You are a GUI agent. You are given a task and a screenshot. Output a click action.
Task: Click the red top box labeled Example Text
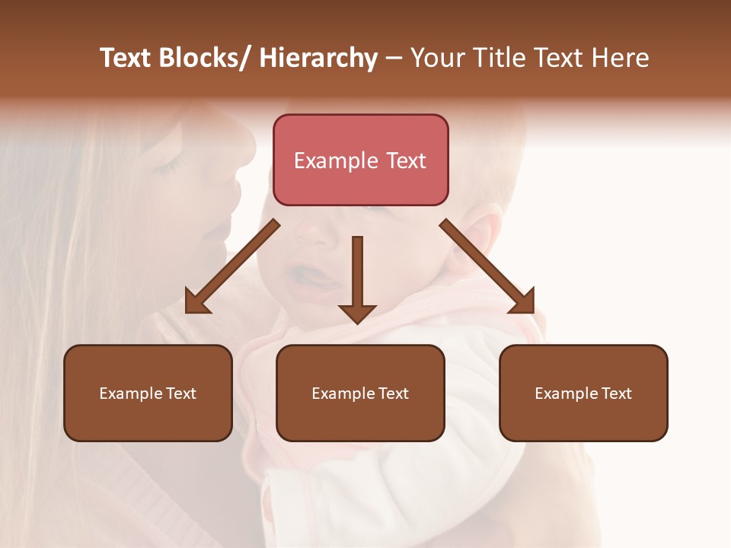coord(360,160)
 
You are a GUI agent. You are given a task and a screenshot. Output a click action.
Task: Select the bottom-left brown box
coord(148,393)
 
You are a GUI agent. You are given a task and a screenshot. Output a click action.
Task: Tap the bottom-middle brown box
coord(360,393)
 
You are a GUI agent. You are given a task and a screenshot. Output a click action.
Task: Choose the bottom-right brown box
coord(583,393)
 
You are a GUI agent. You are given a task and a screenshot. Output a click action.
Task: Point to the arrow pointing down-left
coord(233,266)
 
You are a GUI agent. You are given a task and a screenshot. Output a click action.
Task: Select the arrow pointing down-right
coord(487,266)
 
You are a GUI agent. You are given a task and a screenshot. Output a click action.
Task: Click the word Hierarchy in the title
coord(318,58)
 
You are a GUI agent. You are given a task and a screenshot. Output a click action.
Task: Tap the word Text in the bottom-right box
coord(615,393)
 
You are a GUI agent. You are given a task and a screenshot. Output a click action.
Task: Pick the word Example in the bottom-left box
coord(131,393)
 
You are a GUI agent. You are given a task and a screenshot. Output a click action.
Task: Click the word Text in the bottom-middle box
coord(392,393)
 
